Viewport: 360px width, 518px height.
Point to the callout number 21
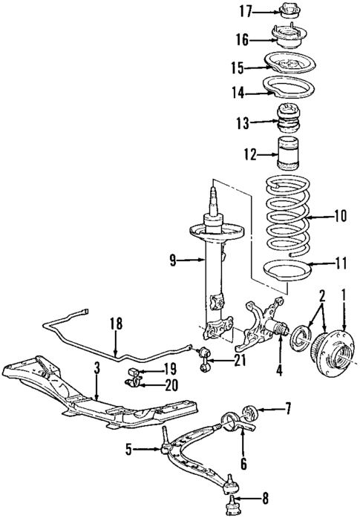(x=238, y=361)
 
